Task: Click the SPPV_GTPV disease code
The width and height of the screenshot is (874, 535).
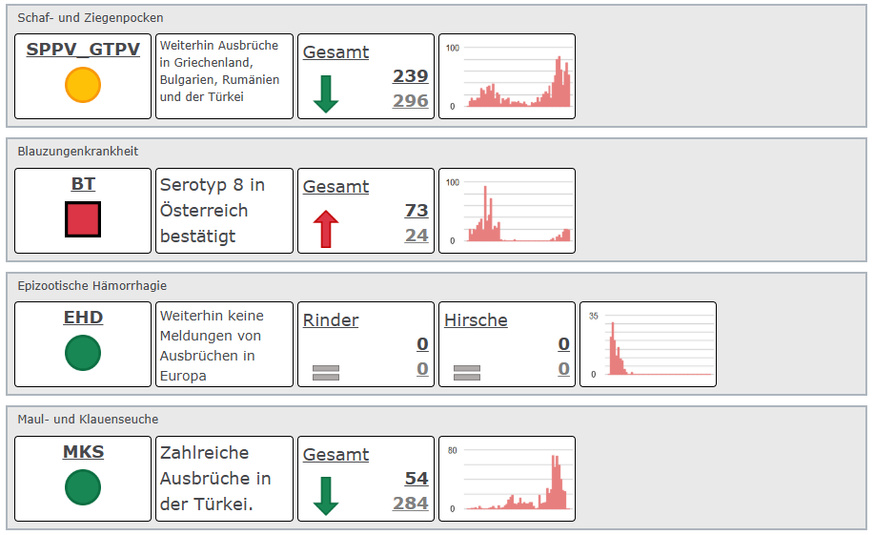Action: (83, 50)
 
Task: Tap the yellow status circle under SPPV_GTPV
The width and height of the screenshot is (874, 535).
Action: (83, 85)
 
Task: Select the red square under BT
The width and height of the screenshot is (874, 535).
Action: (83, 219)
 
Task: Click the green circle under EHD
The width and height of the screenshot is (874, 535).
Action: (83, 354)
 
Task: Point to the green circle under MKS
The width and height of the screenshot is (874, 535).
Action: (83, 488)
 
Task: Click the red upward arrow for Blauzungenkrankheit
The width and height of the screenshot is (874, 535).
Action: (326, 229)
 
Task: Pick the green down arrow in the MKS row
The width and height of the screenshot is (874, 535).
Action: (326, 496)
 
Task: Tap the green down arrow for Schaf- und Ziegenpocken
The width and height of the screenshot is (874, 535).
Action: (326, 93)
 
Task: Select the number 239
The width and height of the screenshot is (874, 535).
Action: (411, 76)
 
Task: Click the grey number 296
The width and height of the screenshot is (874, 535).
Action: (411, 100)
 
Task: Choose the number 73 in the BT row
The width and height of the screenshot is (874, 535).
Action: (417, 211)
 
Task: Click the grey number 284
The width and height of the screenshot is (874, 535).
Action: (411, 503)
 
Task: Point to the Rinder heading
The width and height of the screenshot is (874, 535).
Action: (331, 320)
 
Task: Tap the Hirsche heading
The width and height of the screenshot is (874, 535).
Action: (476, 320)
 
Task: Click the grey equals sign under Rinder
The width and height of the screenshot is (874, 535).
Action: (326, 372)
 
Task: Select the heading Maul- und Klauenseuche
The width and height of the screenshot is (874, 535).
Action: (88, 419)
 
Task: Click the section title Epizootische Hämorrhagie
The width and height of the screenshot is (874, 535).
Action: (92, 285)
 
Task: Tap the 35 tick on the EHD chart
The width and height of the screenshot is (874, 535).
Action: (594, 316)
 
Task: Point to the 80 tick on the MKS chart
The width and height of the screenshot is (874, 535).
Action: (453, 450)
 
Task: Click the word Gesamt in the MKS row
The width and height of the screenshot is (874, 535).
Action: (335, 455)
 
